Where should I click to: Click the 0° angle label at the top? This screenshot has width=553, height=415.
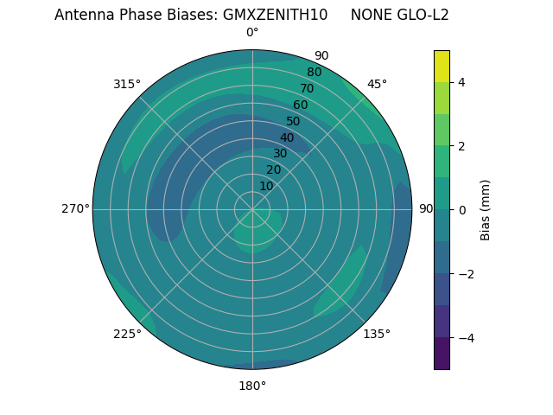(252, 33)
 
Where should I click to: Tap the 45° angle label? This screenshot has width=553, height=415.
(377, 84)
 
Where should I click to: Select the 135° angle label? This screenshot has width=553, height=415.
(377, 334)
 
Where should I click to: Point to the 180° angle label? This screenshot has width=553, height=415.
(252, 386)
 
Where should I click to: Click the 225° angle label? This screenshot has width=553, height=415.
(127, 335)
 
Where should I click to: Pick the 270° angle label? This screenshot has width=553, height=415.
(75, 209)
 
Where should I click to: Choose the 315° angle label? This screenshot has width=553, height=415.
(127, 84)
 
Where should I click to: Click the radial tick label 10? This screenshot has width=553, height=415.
(266, 186)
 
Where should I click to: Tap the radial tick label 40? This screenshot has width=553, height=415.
(287, 137)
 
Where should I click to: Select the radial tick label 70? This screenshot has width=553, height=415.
(307, 88)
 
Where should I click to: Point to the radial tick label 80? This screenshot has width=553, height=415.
(314, 73)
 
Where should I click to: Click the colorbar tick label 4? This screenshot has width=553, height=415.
(462, 82)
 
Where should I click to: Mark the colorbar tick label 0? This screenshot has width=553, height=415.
(462, 210)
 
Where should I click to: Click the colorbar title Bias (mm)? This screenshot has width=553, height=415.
(486, 210)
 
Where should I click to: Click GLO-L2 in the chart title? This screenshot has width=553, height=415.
(425, 15)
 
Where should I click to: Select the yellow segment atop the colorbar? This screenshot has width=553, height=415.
(442, 66)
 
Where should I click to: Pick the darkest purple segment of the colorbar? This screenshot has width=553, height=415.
(442, 354)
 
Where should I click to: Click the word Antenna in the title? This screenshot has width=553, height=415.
(82, 15)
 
